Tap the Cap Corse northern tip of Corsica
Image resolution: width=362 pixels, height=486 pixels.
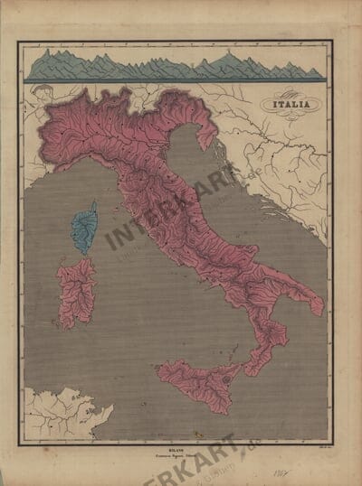(x=92, y=204)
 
